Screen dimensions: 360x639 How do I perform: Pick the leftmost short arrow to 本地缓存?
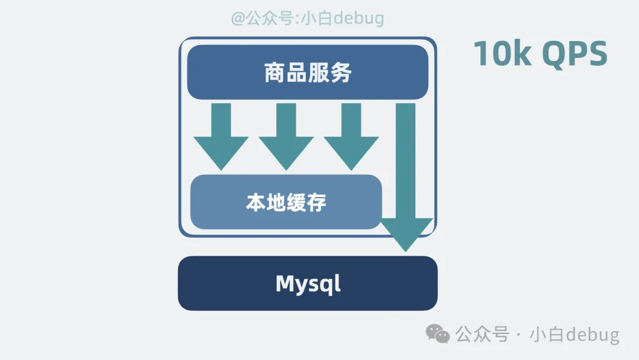(x=221, y=136)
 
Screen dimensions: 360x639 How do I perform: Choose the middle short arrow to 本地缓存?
(x=286, y=136)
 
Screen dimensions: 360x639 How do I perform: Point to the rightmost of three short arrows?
(x=351, y=136)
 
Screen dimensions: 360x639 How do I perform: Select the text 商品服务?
(x=308, y=73)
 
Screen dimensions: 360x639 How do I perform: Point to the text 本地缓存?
(x=286, y=202)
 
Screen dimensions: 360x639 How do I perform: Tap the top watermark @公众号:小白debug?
(x=307, y=18)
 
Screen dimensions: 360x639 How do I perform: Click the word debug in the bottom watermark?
(x=592, y=335)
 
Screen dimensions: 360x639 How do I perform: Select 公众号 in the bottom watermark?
(x=482, y=335)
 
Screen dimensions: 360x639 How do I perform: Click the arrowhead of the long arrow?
(x=406, y=233)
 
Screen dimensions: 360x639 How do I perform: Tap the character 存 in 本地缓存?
(x=317, y=202)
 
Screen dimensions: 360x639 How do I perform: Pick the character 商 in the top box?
(x=275, y=73)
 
